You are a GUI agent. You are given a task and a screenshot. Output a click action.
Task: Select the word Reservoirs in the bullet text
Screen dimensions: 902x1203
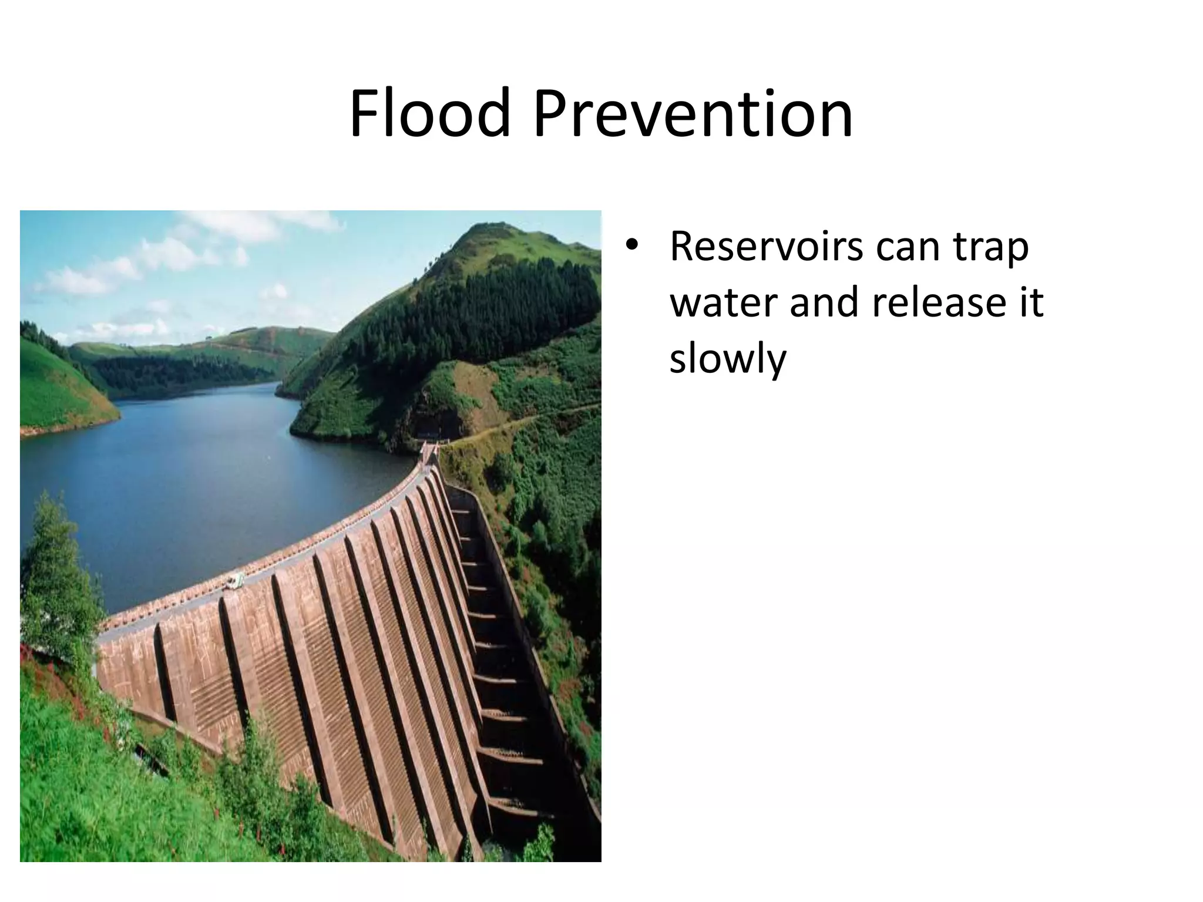click(766, 247)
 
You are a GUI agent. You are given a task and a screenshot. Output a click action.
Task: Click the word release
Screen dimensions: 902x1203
click(936, 303)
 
